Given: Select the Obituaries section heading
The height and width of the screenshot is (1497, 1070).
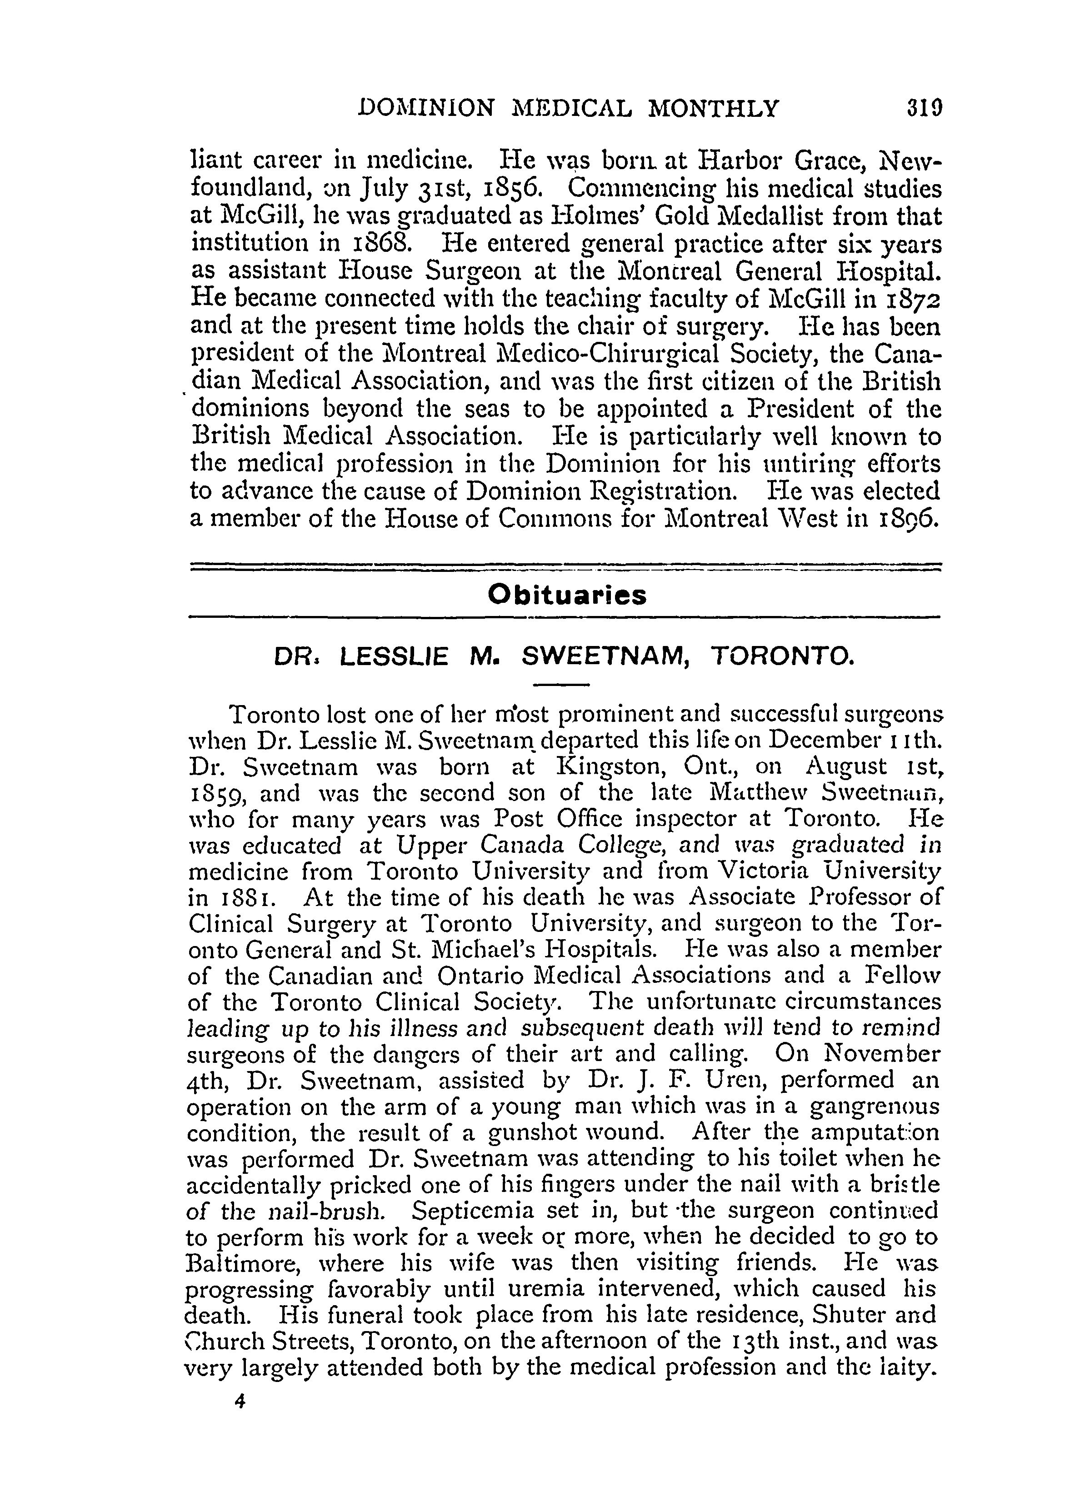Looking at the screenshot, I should pyautogui.click(x=567, y=595).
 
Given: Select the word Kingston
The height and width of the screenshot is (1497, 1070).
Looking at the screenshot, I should pyautogui.click(x=609, y=768).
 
